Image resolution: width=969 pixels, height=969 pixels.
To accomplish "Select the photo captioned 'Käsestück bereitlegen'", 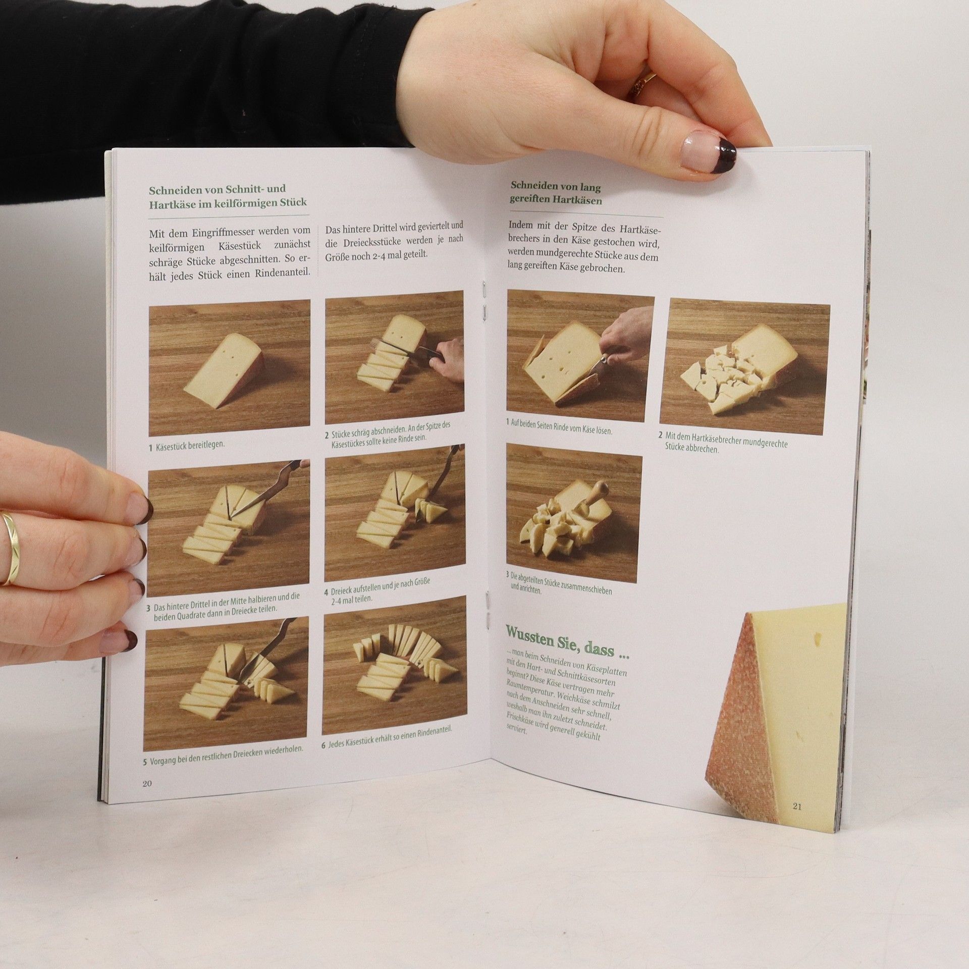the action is coord(229,367).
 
